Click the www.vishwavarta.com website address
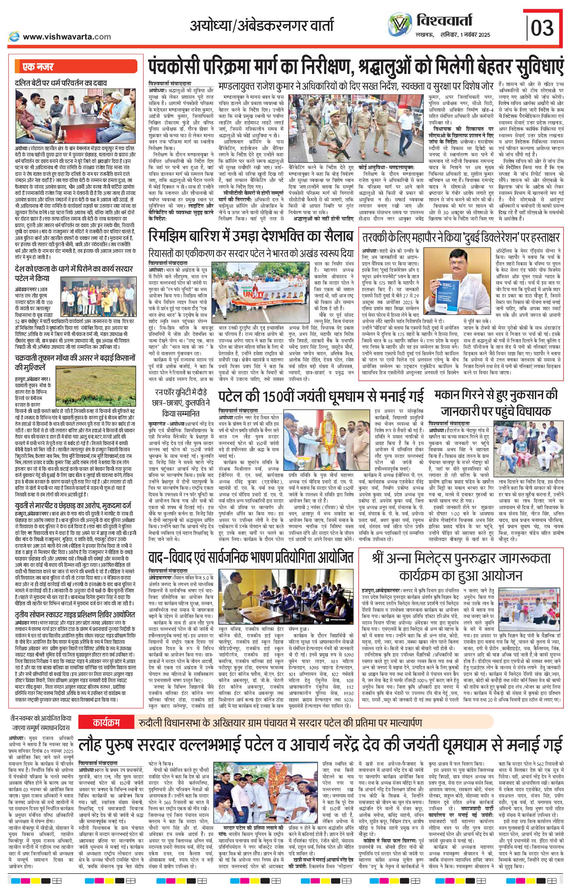[x=67, y=36]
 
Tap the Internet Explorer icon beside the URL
[x=14, y=36]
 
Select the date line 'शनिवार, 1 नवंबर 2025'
[x=465, y=35]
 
